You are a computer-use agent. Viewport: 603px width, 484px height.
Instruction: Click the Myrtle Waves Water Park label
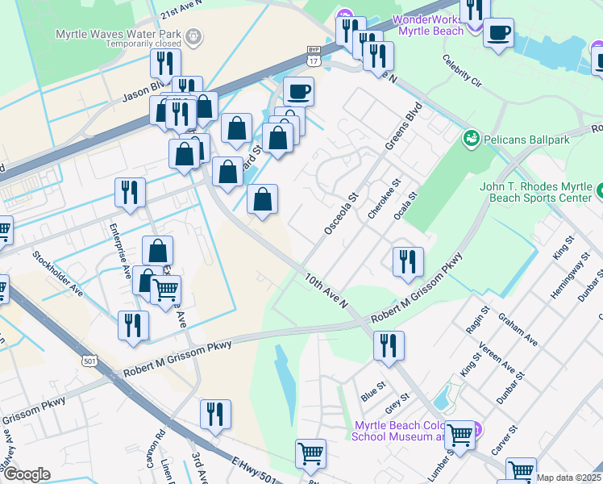pos(118,35)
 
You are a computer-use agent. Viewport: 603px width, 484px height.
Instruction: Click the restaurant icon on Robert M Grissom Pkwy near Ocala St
pos(408,261)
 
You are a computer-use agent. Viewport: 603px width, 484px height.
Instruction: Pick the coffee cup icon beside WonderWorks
pos(499,33)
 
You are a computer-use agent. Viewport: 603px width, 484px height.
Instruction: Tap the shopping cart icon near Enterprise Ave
pos(165,289)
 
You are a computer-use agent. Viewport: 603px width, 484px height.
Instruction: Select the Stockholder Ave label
pos(58,273)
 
